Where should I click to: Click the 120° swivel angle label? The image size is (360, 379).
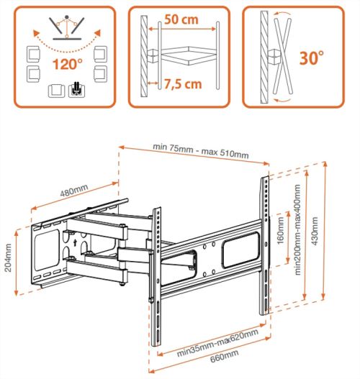pos(68,64)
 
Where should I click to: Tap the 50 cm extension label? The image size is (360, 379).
pos(181,19)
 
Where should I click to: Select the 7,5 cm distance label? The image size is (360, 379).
pos(183,84)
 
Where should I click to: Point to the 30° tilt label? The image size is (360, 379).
pos(311,58)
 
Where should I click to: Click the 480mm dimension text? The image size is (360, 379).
pos(73,191)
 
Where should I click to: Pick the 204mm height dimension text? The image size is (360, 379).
pos(8,257)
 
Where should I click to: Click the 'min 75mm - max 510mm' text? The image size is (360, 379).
pos(201,151)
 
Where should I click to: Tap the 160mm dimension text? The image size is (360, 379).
pos(281,231)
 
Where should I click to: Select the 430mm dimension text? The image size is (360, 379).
pos(315,232)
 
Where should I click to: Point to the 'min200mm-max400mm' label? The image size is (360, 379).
pos(297,230)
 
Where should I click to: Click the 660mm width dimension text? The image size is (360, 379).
pos(224,356)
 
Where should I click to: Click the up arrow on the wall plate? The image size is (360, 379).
pos(75,242)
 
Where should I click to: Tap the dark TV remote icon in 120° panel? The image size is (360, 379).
pos(77,89)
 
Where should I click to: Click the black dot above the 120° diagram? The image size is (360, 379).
pos(67,17)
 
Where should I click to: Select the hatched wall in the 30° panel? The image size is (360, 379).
pos(264,57)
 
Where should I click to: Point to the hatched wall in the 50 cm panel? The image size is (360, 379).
pos(144,56)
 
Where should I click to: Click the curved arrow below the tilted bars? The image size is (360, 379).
pos(282,100)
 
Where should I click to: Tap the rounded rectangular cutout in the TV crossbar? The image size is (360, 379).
pos(241,250)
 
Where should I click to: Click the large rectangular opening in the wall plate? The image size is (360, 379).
pos(47,250)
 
